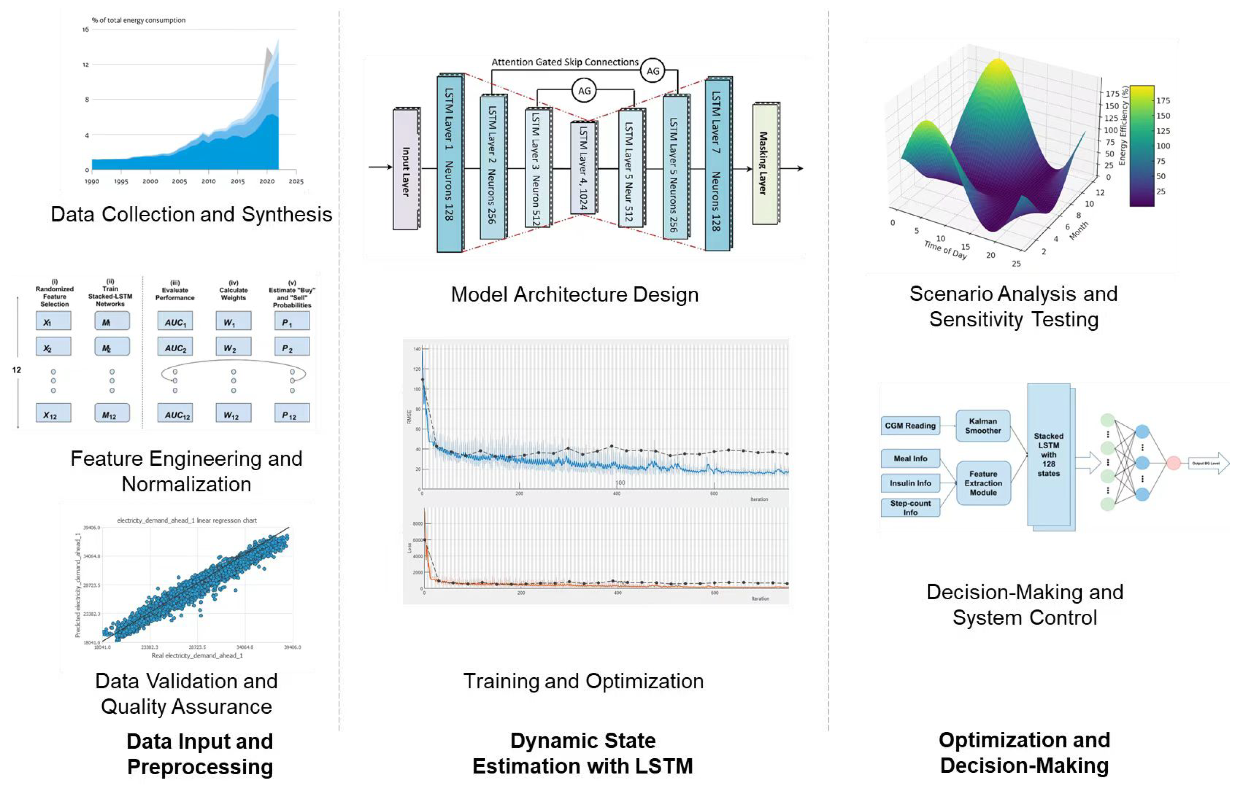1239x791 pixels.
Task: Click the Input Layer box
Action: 405,170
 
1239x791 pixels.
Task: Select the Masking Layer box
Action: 765,164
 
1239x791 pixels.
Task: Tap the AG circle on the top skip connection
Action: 652,71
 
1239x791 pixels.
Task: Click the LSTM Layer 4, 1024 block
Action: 583,168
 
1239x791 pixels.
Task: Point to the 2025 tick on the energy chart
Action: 296,181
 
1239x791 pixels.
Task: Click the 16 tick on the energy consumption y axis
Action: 86,29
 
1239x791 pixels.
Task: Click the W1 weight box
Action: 233,322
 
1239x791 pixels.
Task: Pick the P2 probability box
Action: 292,348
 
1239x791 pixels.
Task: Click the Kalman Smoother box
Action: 983,426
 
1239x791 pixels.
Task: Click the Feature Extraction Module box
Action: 983,483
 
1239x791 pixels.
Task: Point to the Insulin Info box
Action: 910,483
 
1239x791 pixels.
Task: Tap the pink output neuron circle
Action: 1173,463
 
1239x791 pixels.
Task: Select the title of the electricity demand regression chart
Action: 187,520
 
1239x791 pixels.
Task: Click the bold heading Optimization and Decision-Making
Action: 1024,752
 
